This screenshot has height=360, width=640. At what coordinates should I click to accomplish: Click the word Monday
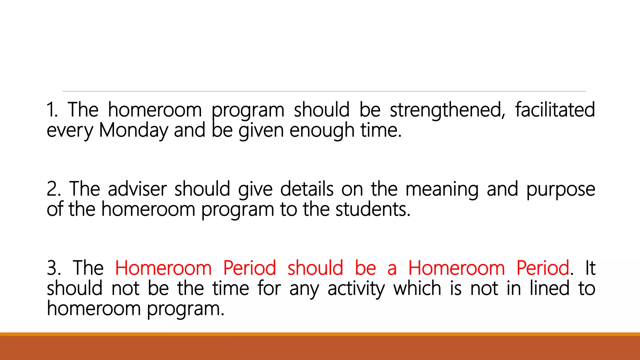tap(133, 130)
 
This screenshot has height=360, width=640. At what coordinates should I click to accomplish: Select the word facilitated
tap(555, 110)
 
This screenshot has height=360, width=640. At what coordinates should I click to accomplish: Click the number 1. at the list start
tap(52, 110)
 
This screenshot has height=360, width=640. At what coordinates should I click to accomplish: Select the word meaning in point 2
tap(442, 190)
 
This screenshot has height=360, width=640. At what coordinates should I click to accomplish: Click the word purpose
tap(561, 190)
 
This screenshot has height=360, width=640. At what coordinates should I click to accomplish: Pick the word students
tap(373, 209)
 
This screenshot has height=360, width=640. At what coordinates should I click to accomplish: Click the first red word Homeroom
tap(163, 268)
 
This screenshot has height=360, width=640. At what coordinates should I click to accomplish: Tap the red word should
tap(315, 268)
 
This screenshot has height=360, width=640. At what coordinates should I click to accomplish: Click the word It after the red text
tap(590, 268)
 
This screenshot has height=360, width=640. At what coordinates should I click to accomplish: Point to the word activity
tap(356, 289)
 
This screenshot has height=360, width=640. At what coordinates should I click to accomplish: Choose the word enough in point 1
tap(322, 131)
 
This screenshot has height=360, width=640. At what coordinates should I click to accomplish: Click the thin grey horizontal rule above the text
tap(324, 91)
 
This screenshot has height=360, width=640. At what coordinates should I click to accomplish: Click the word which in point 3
tap(417, 288)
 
